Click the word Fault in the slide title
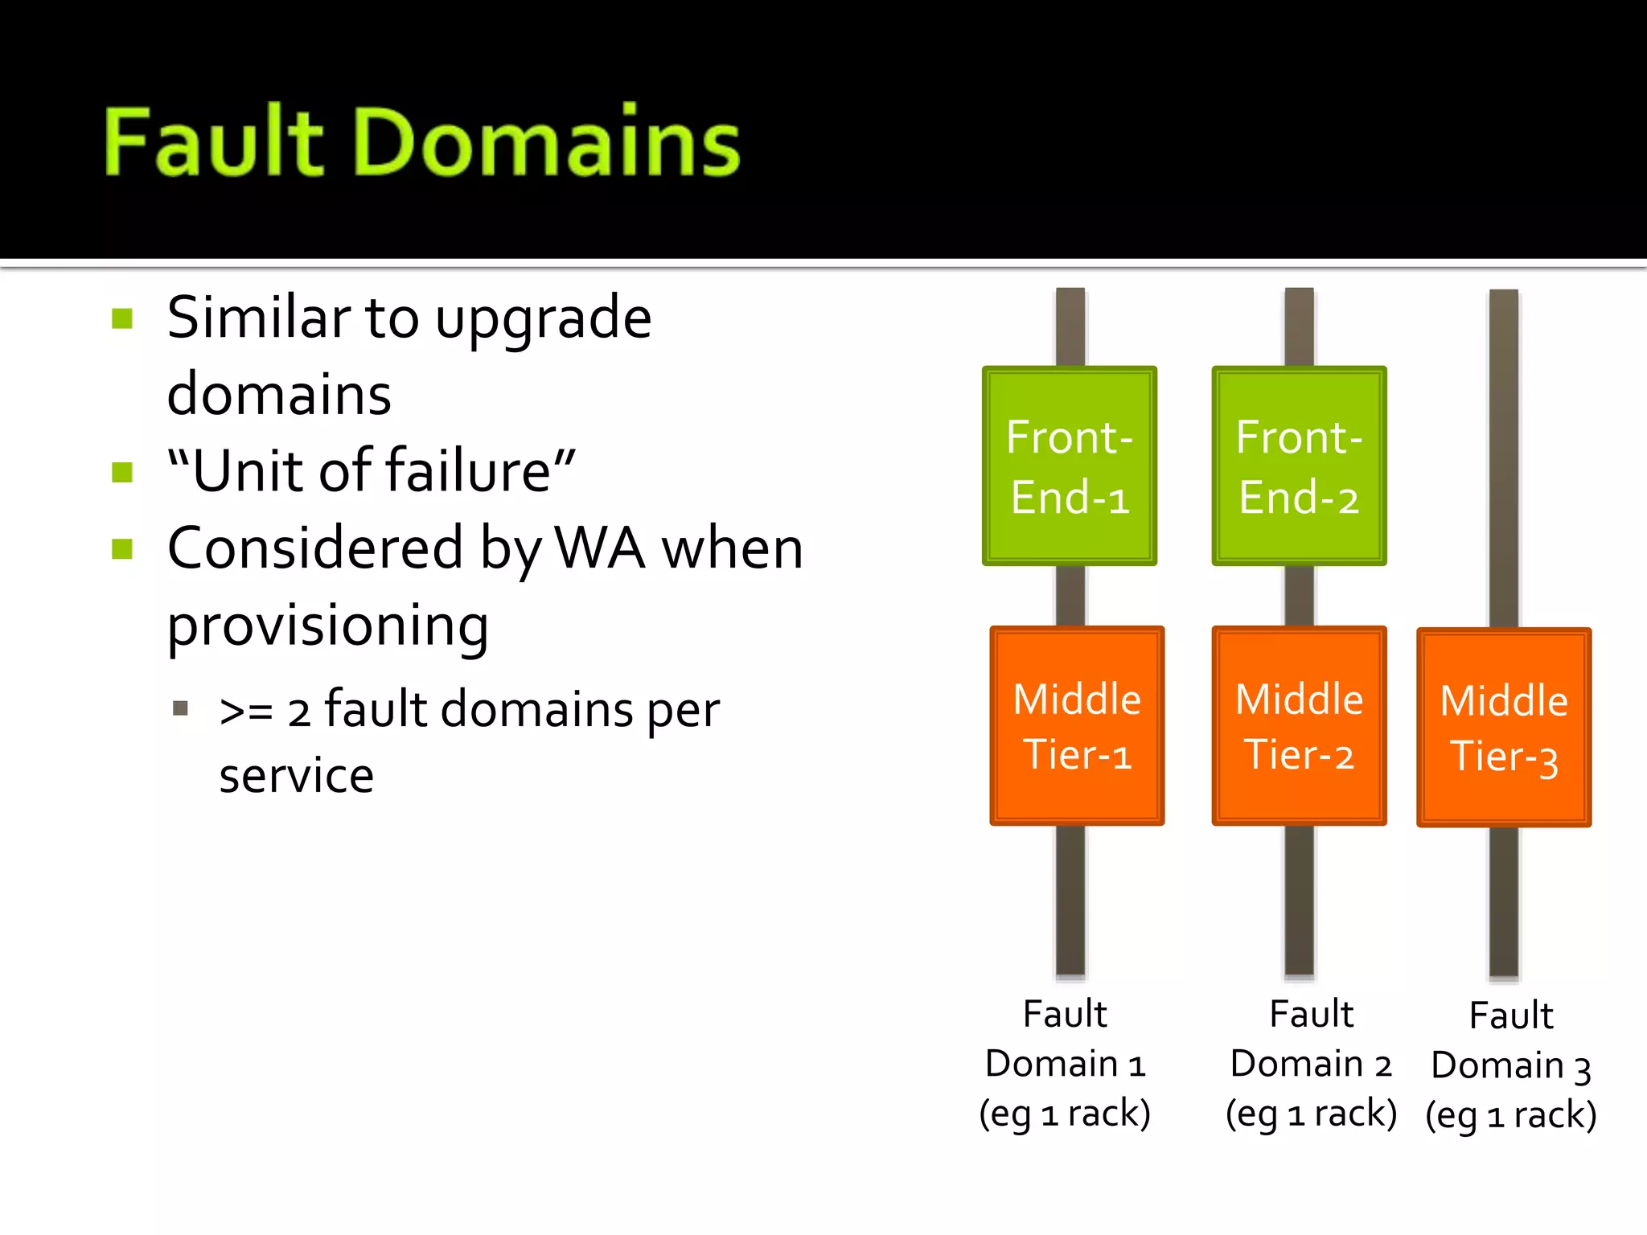pos(214,142)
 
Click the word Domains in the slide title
pos(547,142)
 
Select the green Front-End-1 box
pos(1069,466)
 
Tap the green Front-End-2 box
pos(1299,466)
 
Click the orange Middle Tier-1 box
pos(1077,725)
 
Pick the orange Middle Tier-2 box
pos(1299,725)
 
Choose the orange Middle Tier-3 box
pos(1503,728)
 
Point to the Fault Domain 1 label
pos(1065,1063)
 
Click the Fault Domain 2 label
pos(1311,1063)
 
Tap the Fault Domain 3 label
pos(1510,1065)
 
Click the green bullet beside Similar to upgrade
pos(122,318)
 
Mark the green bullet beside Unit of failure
pos(122,472)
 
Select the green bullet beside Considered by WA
pos(122,549)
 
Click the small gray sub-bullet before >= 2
pos(180,708)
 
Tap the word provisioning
pos(327,626)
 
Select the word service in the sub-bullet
pos(296,776)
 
